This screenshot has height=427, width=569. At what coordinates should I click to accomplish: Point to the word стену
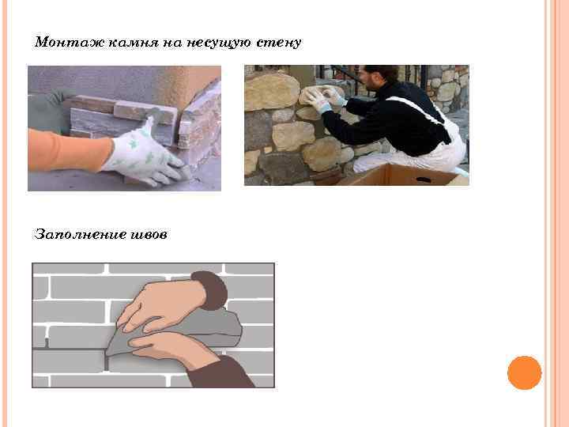click(x=279, y=43)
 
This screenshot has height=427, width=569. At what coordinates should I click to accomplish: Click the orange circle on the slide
click(x=525, y=372)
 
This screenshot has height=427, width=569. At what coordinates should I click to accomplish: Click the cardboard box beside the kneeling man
click(x=403, y=176)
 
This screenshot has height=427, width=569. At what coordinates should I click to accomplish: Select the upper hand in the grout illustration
click(x=164, y=305)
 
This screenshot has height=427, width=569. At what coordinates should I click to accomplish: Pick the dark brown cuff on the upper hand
click(x=210, y=290)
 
